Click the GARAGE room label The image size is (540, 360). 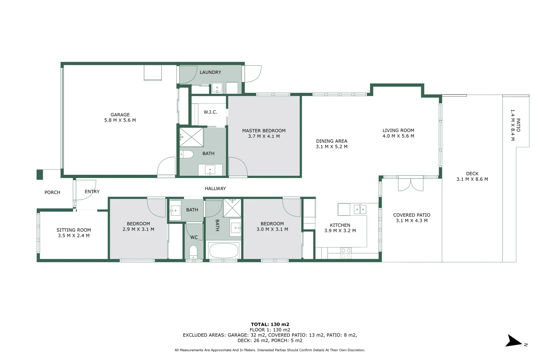(x=120, y=115)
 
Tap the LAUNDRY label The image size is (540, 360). (x=210, y=72)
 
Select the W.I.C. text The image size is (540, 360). (x=210, y=112)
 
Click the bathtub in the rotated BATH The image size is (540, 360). (x=224, y=251)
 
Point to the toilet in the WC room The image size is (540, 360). (x=193, y=252)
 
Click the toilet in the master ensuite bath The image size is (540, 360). (x=187, y=154)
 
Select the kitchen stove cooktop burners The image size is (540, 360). (x=346, y=253)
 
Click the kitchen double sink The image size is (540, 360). (x=360, y=209)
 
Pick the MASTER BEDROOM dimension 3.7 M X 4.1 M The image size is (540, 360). (x=264, y=136)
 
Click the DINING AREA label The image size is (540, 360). (x=331, y=141)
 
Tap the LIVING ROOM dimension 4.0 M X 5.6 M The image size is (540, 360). (x=398, y=136)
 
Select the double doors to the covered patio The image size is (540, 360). (x=411, y=184)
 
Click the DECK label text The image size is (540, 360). (x=472, y=174)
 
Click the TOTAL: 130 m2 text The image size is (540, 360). (x=270, y=324)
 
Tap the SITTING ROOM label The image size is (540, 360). (x=74, y=230)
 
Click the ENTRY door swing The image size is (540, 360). (x=86, y=190)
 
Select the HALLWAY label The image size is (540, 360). (x=215, y=189)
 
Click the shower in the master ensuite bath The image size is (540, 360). (x=191, y=137)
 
